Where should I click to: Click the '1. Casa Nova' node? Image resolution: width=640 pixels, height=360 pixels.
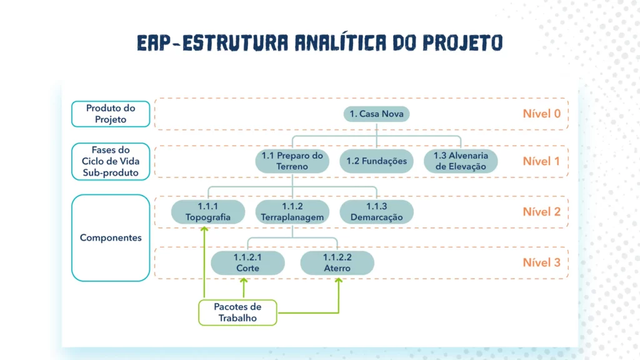377,114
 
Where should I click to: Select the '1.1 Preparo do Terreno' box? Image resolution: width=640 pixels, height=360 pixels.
292,161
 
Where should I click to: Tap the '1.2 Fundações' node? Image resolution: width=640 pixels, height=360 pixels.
376,161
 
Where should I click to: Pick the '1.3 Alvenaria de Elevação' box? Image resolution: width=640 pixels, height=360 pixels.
461,161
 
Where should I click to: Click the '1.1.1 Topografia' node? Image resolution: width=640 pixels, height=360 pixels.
207,212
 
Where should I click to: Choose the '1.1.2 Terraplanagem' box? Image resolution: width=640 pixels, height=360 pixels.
292,212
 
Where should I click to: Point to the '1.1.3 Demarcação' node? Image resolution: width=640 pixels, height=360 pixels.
376,212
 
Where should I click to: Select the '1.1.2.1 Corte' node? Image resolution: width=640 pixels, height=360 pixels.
247,263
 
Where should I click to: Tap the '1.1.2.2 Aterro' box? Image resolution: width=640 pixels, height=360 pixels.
337,263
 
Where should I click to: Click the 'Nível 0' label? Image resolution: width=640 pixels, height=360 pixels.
541,114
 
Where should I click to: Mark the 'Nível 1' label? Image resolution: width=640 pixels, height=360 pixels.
541,161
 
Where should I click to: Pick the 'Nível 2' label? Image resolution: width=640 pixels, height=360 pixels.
541,212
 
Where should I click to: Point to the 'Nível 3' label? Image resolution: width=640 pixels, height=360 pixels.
541,262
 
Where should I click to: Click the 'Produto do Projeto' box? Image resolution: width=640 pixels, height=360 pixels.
111,114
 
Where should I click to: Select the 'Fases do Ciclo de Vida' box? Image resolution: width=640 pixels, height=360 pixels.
111,161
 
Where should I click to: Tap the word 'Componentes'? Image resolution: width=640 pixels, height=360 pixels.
111,237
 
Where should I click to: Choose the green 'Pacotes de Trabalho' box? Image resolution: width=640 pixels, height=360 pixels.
237,312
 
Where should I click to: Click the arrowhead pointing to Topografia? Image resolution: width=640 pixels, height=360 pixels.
204,229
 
